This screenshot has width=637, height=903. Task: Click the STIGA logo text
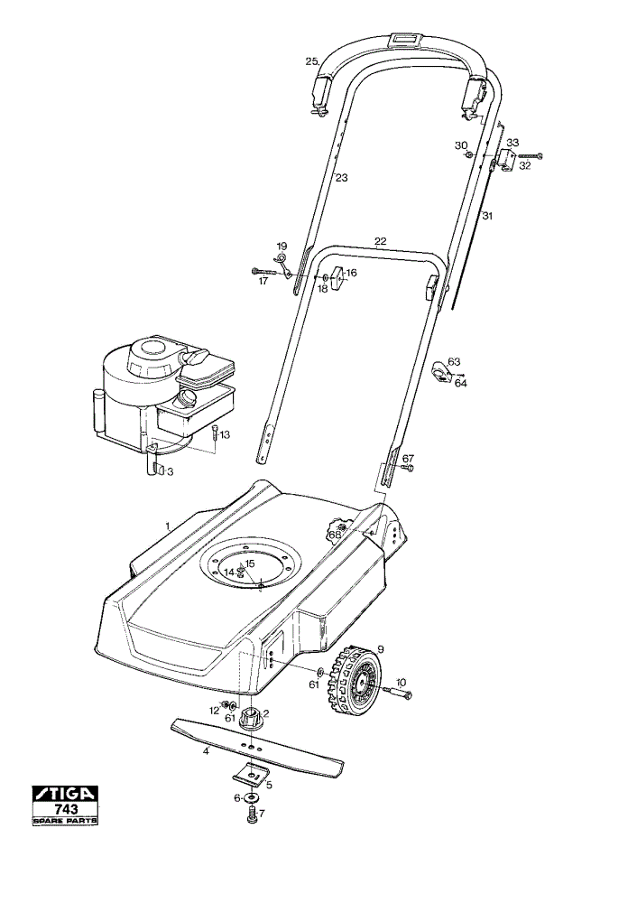[x=64, y=794]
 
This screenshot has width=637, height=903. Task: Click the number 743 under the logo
[x=65, y=810]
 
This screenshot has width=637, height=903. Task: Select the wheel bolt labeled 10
[x=398, y=694]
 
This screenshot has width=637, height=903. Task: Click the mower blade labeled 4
[x=258, y=748]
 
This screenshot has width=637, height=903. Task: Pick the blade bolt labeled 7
[x=252, y=815]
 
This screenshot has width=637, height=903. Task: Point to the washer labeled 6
[x=252, y=798]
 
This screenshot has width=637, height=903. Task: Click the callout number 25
[x=312, y=61]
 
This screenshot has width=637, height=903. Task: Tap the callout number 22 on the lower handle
[x=381, y=241]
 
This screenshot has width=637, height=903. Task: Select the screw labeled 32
[x=531, y=155]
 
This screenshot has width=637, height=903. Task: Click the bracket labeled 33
[x=506, y=160]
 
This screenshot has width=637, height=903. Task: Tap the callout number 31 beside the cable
[x=488, y=217]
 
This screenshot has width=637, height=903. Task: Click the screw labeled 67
[x=408, y=469]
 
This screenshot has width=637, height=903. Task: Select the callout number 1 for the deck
[x=168, y=526]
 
